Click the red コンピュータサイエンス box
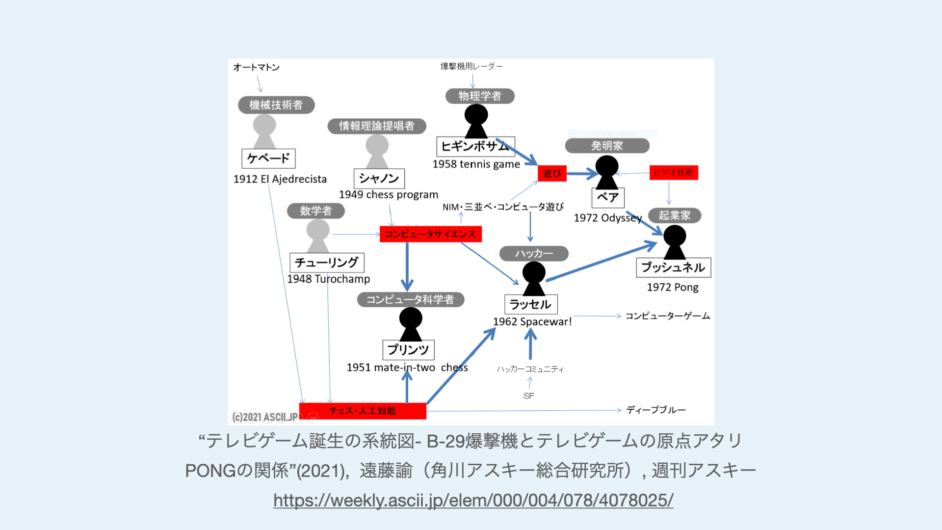pos(430,234)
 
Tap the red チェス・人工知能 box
pos(363,411)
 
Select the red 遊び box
pos(552,173)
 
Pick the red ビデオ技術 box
pos(673,172)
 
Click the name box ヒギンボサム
pos(475,146)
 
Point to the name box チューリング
pos(327,263)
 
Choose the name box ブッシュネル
pos(673,267)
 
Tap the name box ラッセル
pos(530,304)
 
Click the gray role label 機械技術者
pos(276,105)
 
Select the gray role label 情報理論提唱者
pos(376,126)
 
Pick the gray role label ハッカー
pos(534,254)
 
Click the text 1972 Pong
pos(673,287)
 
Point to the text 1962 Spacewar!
pos(532,322)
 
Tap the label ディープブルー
pos(656,410)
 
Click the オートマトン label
pos(256,67)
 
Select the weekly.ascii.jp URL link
pos(473,500)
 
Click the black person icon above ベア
pos(607,172)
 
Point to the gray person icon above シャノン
pos(377,151)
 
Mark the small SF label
pos(528,396)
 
